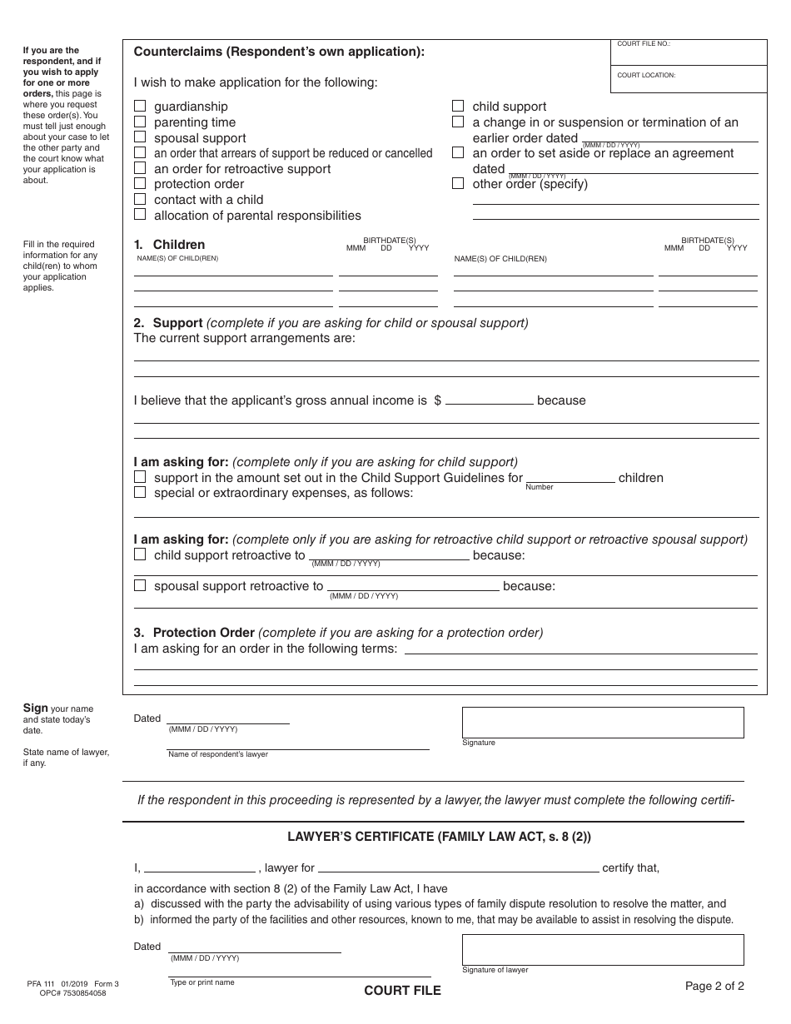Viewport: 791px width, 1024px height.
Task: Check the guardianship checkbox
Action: pos(140,107)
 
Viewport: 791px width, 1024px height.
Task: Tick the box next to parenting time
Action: pos(140,122)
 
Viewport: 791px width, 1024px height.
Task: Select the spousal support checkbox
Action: pos(140,137)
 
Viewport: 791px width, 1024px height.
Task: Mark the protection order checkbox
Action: pos(140,184)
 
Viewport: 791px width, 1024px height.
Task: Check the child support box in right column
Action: pos(458,107)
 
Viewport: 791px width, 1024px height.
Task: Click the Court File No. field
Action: pos(689,55)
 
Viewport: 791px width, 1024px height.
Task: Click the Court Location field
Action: pos(689,82)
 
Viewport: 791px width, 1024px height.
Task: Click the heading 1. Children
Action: pos(170,245)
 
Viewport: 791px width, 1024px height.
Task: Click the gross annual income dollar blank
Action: pos(490,399)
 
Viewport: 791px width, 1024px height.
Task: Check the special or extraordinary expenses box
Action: pos(140,493)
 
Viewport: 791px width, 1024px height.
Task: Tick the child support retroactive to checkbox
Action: pos(140,554)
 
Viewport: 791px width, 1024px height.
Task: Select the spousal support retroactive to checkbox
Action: pos(140,585)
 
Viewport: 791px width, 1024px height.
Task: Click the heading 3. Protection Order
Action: pos(195,633)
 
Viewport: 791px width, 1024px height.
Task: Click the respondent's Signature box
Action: pos(603,723)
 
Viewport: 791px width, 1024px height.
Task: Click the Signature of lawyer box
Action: pos(603,950)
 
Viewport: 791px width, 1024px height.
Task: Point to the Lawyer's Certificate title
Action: pos(440,838)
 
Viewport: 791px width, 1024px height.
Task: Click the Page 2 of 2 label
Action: pos(714,987)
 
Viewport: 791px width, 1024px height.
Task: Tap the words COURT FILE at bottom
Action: pos(402,991)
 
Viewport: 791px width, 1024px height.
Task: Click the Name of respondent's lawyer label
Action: pos(218,754)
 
